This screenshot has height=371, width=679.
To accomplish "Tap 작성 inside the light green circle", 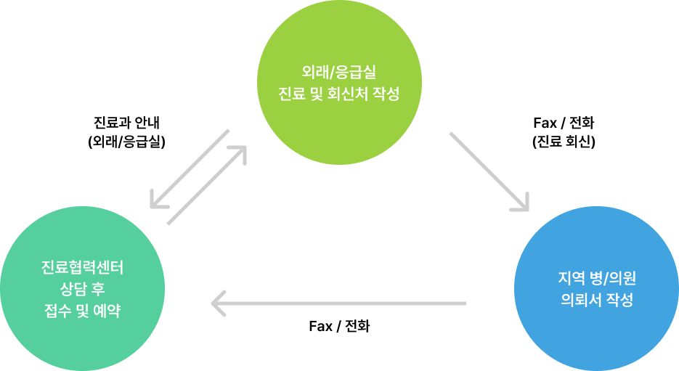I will [x=387, y=94].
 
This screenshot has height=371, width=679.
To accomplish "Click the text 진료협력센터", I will [x=83, y=268].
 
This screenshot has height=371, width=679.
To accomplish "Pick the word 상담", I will [x=71, y=290].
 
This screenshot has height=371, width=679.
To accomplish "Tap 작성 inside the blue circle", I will [x=621, y=301].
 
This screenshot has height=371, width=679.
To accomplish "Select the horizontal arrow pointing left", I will [x=338, y=303].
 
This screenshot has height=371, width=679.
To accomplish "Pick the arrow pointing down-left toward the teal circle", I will [x=189, y=168].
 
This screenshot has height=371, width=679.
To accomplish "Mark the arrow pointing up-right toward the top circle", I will [x=208, y=184].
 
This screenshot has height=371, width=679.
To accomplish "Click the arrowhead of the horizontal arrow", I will [x=216, y=303].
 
